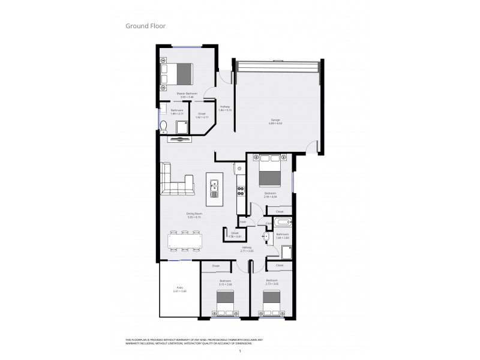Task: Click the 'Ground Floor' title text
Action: [x=145, y=26]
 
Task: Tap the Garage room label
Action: [x=275, y=122]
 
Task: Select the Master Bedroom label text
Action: [x=187, y=95]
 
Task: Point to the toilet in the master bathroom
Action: [x=163, y=125]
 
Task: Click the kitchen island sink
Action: [x=214, y=190]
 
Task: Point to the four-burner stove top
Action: [x=241, y=191]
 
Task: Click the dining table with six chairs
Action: [x=185, y=241]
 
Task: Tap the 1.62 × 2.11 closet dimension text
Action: [x=202, y=118]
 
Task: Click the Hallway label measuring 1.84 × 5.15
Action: [x=225, y=109]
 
